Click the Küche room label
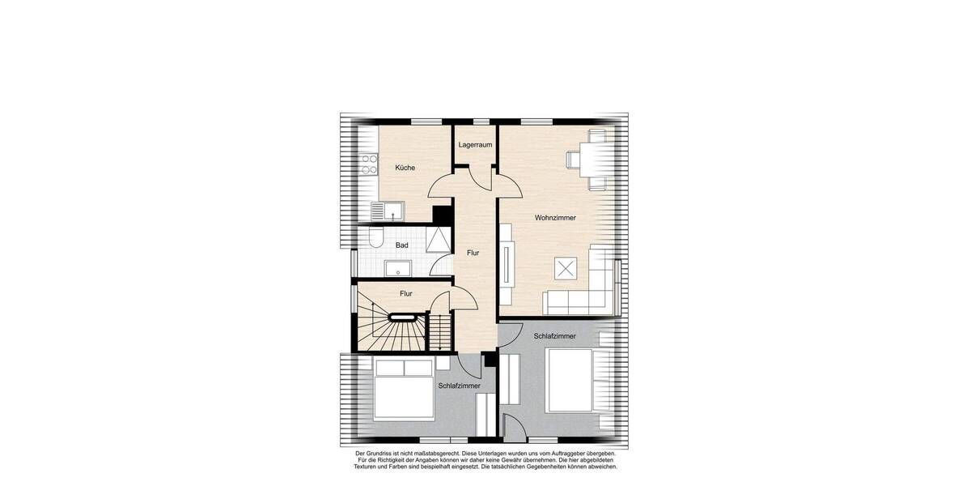tap(405, 168)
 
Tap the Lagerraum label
tap(475, 145)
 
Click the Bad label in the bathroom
tap(401, 245)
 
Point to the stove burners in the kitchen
tap(369, 164)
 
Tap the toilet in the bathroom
tap(375, 237)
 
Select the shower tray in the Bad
tap(437, 238)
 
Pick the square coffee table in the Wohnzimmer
tap(564, 268)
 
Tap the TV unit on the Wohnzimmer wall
tap(506, 262)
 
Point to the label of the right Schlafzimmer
tap(554, 335)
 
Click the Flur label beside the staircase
tap(406, 294)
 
